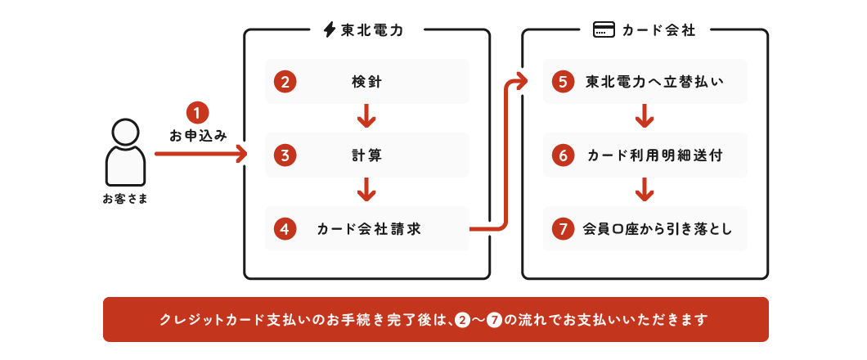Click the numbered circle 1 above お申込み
pos(198,111)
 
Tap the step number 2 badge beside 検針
pos(285,82)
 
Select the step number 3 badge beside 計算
pos(285,155)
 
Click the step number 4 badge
pos(285,229)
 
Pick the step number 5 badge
pos(563,82)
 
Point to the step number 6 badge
pos(563,155)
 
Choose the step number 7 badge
pos(563,229)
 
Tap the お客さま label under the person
pos(125,199)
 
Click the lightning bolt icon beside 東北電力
pos(329,30)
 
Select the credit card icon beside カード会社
pos(604,30)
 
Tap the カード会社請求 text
pos(369,229)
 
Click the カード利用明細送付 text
pos(654,155)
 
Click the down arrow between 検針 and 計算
pos(366,118)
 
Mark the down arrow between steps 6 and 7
pos(645,191)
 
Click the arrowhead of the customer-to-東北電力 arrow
pos(241,153)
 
